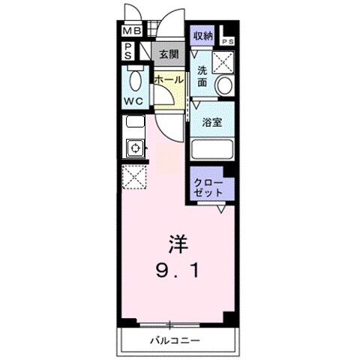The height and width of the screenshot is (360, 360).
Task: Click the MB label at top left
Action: [x=131, y=32]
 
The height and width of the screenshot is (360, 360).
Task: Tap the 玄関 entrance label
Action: [x=169, y=55]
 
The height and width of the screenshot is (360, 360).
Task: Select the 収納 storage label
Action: [x=202, y=36]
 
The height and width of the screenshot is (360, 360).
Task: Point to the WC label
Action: [x=135, y=100]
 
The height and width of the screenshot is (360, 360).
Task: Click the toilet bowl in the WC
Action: [x=136, y=78]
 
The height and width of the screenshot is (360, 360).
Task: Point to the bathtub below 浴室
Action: [x=213, y=148]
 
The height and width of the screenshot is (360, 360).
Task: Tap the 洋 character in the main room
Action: [x=178, y=244]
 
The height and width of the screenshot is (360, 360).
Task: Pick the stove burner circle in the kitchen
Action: [x=136, y=148]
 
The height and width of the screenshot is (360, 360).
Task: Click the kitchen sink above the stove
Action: [x=136, y=122]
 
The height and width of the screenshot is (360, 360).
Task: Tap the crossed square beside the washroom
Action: [x=224, y=61]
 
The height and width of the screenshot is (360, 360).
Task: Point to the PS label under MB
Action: [x=127, y=50]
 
